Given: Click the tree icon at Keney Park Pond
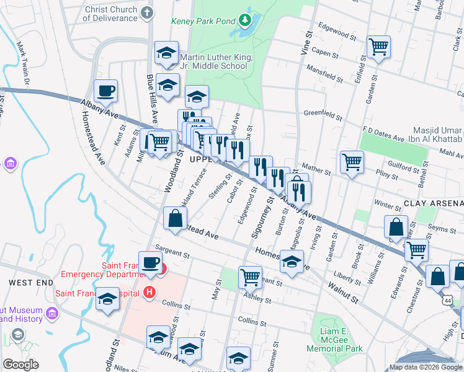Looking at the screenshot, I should (x=245, y=21).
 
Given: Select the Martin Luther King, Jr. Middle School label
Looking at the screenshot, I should (x=215, y=61).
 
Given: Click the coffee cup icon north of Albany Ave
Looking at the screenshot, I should (x=105, y=91).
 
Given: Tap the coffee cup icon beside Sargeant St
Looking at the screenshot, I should (x=150, y=262).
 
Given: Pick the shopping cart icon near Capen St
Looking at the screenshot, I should (x=378, y=46).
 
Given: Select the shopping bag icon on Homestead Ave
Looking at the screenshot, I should (x=176, y=218).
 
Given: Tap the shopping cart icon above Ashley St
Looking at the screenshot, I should (x=250, y=277).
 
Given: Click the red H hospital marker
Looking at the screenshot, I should (x=149, y=291).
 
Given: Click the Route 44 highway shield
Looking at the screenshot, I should (x=447, y=299).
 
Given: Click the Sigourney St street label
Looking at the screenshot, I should (x=262, y=217).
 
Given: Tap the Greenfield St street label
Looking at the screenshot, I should (x=323, y=115).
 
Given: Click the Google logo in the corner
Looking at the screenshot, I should (x=20, y=365).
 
